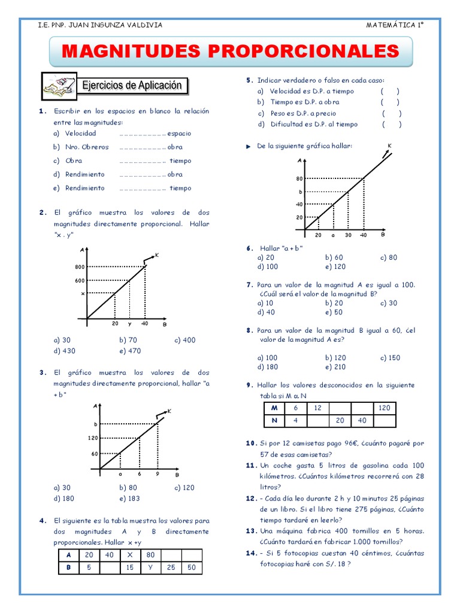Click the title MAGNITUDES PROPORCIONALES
(x=230, y=50)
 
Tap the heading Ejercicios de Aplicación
(x=132, y=86)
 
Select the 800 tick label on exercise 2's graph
(x=80, y=267)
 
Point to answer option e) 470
(x=130, y=351)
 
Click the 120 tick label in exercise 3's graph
(x=93, y=438)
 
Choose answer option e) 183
(x=130, y=497)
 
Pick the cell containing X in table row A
(x=130, y=554)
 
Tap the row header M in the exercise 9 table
(x=275, y=408)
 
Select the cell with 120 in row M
(x=384, y=408)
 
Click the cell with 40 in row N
(x=362, y=420)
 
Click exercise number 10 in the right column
(x=251, y=444)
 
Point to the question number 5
(x=249, y=80)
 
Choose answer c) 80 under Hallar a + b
(x=389, y=257)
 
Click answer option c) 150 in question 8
(x=390, y=357)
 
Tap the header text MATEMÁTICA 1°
(x=395, y=25)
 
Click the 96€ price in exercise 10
(x=350, y=444)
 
